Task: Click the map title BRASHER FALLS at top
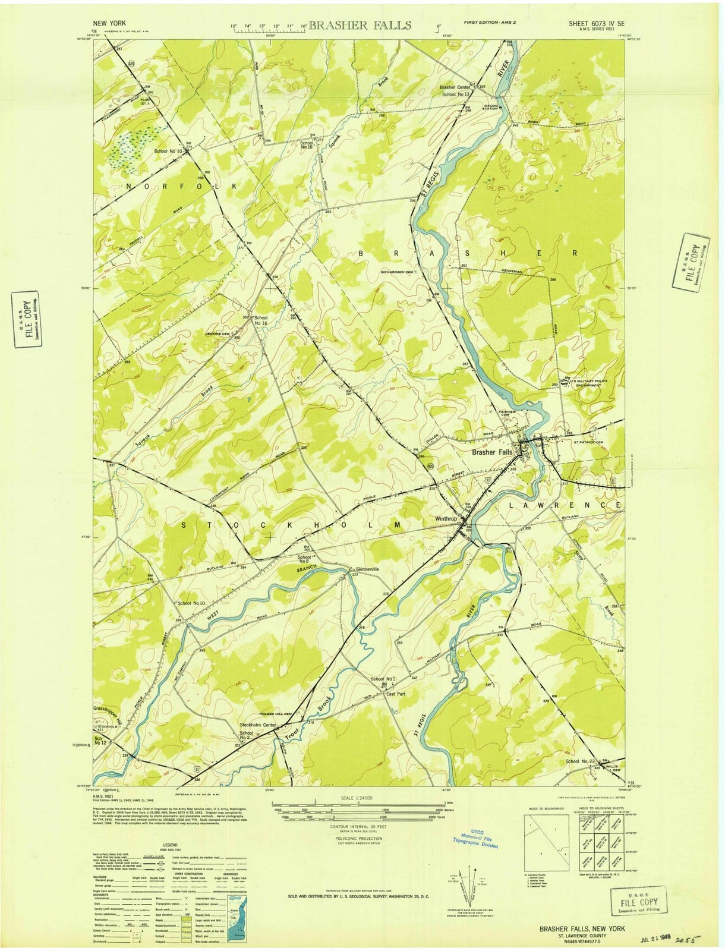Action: click(360, 25)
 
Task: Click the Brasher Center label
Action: click(455, 87)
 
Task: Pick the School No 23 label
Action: click(581, 761)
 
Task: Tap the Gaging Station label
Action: click(490, 108)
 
